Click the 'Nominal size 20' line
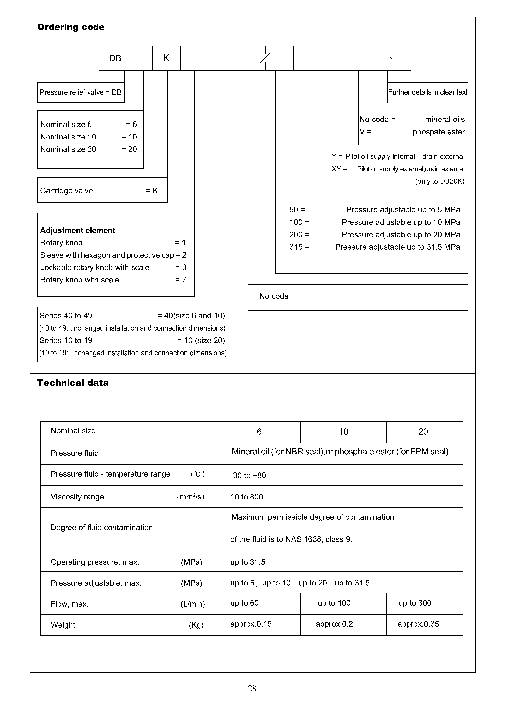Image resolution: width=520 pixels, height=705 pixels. [68, 149]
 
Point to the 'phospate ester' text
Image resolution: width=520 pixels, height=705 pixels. [438, 132]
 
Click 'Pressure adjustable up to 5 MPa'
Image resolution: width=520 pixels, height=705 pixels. [403, 210]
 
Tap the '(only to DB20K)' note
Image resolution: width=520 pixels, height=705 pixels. [439, 182]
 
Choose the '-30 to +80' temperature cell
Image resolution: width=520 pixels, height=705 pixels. [248, 475]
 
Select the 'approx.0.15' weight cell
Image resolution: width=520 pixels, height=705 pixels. [251, 624]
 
